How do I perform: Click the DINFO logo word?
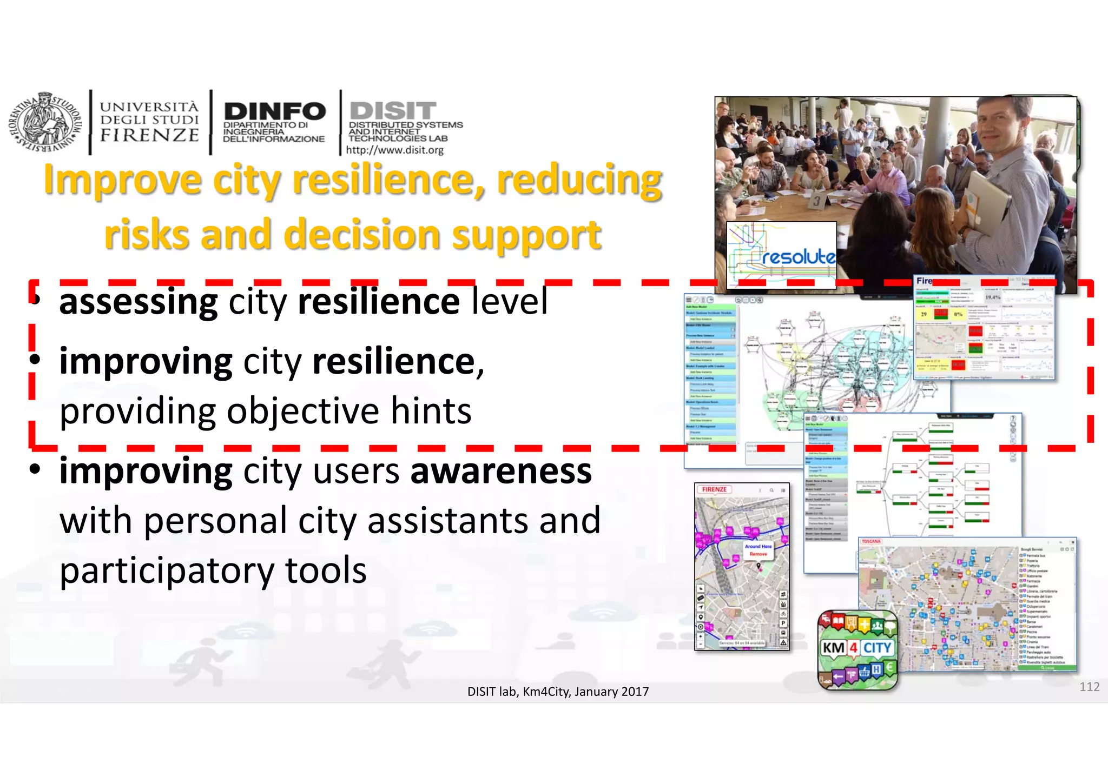click(x=274, y=111)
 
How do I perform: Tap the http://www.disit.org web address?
click(x=394, y=150)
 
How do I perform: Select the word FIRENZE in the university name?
click(x=149, y=135)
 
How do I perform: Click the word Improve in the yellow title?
click(x=123, y=180)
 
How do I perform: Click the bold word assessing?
click(x=138, y=301)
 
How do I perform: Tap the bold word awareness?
click(x=501, y=471)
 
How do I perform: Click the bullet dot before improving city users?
click(x=35, y=469)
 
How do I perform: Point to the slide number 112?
click(x=1089, y=687)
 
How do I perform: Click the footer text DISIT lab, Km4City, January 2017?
click(x=558, y=692)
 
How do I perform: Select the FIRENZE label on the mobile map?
click(x=715, y=489)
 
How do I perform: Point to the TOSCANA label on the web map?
click(x=871, y=541)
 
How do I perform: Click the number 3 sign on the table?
click(x=816, y=202)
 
